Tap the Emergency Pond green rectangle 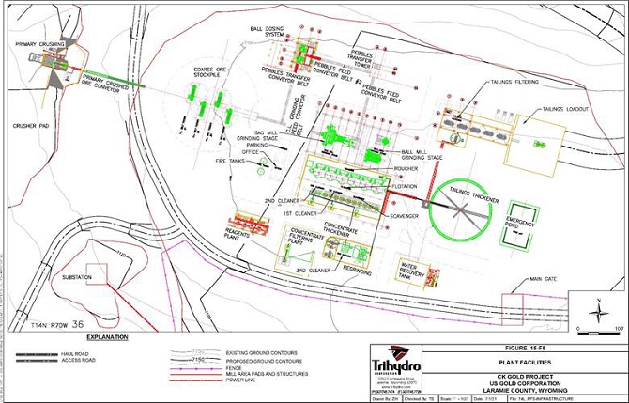pos(519,225)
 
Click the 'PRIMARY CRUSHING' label pos(39,44)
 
